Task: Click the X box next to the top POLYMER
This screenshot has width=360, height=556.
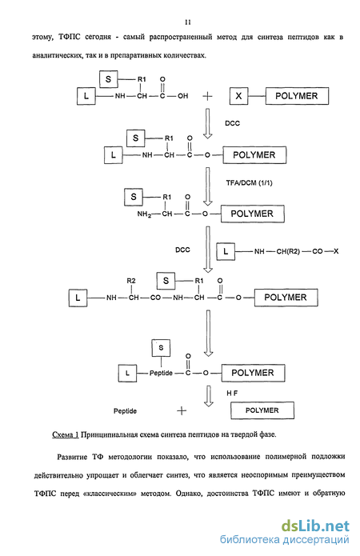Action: click(238, 96)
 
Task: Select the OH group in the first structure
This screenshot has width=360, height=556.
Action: click(182, 96)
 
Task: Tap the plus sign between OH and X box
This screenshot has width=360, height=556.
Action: click(207, 96)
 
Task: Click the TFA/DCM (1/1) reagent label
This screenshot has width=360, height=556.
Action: click(249, 183)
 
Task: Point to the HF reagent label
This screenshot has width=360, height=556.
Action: click(232, 394)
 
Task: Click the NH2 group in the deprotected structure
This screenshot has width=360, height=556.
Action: click(144, 214)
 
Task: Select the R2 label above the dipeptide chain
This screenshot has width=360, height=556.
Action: click(131, 281)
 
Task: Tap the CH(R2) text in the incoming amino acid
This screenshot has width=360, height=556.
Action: click(288, 251)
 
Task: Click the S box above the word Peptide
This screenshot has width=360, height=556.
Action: click(161, 348)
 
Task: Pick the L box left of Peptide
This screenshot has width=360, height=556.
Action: click(127, 373)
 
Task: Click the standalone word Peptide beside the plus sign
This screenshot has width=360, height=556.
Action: click(125, 411)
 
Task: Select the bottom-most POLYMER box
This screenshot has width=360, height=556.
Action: click(262, 410)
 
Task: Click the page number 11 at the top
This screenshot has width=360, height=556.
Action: click(188, 22)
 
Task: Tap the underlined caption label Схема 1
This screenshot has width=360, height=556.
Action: click(66, 434)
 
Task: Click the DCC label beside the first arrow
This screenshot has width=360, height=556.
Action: click(232, 123)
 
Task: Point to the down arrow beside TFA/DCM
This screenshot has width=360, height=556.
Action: click(208, 186)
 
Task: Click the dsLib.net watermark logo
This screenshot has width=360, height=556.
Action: click(315, 526)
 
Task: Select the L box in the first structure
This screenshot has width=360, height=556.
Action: click(86, 96)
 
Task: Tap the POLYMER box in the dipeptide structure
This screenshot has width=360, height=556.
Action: click(286, 297)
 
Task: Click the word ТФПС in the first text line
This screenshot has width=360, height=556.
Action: click(70, 37)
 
